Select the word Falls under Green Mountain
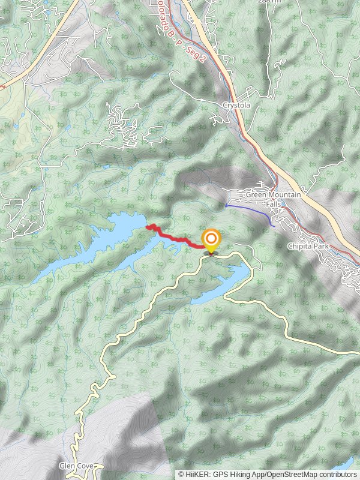click(x=274, y=204)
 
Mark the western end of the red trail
click(x=148, y=227)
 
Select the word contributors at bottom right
click(x=335, y=474)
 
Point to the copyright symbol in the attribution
click(x=182, y=474)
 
